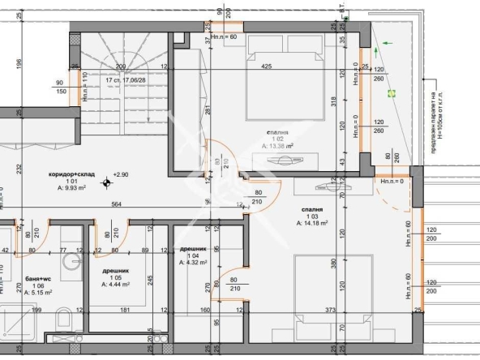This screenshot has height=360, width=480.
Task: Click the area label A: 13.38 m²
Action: click(278, 147)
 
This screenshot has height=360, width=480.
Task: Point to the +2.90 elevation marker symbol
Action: click(105, 182)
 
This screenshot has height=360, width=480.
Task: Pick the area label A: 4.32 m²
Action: click(195, 262)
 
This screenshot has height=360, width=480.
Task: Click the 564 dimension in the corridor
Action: click(118, 204)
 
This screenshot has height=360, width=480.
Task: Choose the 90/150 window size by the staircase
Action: click(61, 87)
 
